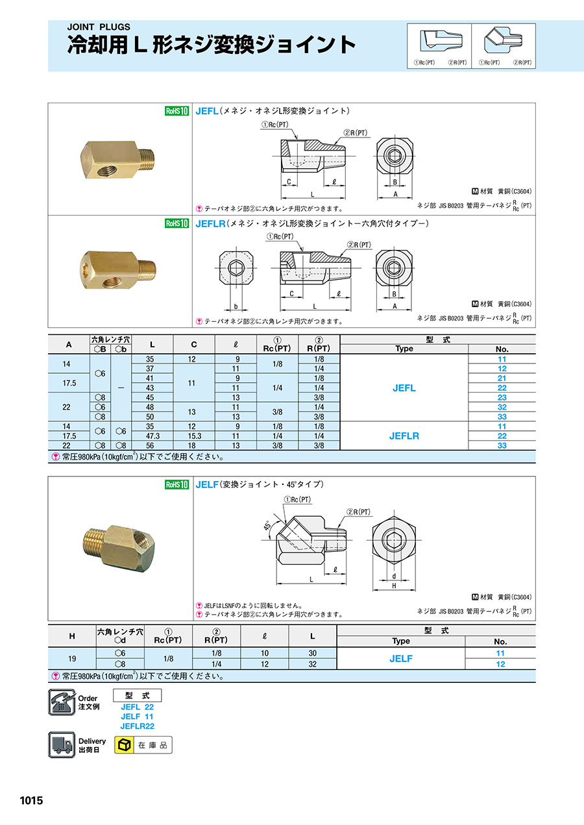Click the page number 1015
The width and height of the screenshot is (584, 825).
pos(31,800)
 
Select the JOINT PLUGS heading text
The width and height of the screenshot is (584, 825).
pos(99,27)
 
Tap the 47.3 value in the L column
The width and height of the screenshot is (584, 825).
pos(152,436)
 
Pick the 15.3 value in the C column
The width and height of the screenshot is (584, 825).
pos(194,436)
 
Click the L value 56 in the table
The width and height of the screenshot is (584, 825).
pos(150,446)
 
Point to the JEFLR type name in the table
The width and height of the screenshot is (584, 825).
pos(404,436)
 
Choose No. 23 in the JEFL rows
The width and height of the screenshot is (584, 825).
pos(502,398)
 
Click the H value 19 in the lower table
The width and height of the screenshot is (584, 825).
pos(72,659)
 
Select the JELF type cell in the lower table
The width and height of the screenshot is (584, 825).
pos(401,659)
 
